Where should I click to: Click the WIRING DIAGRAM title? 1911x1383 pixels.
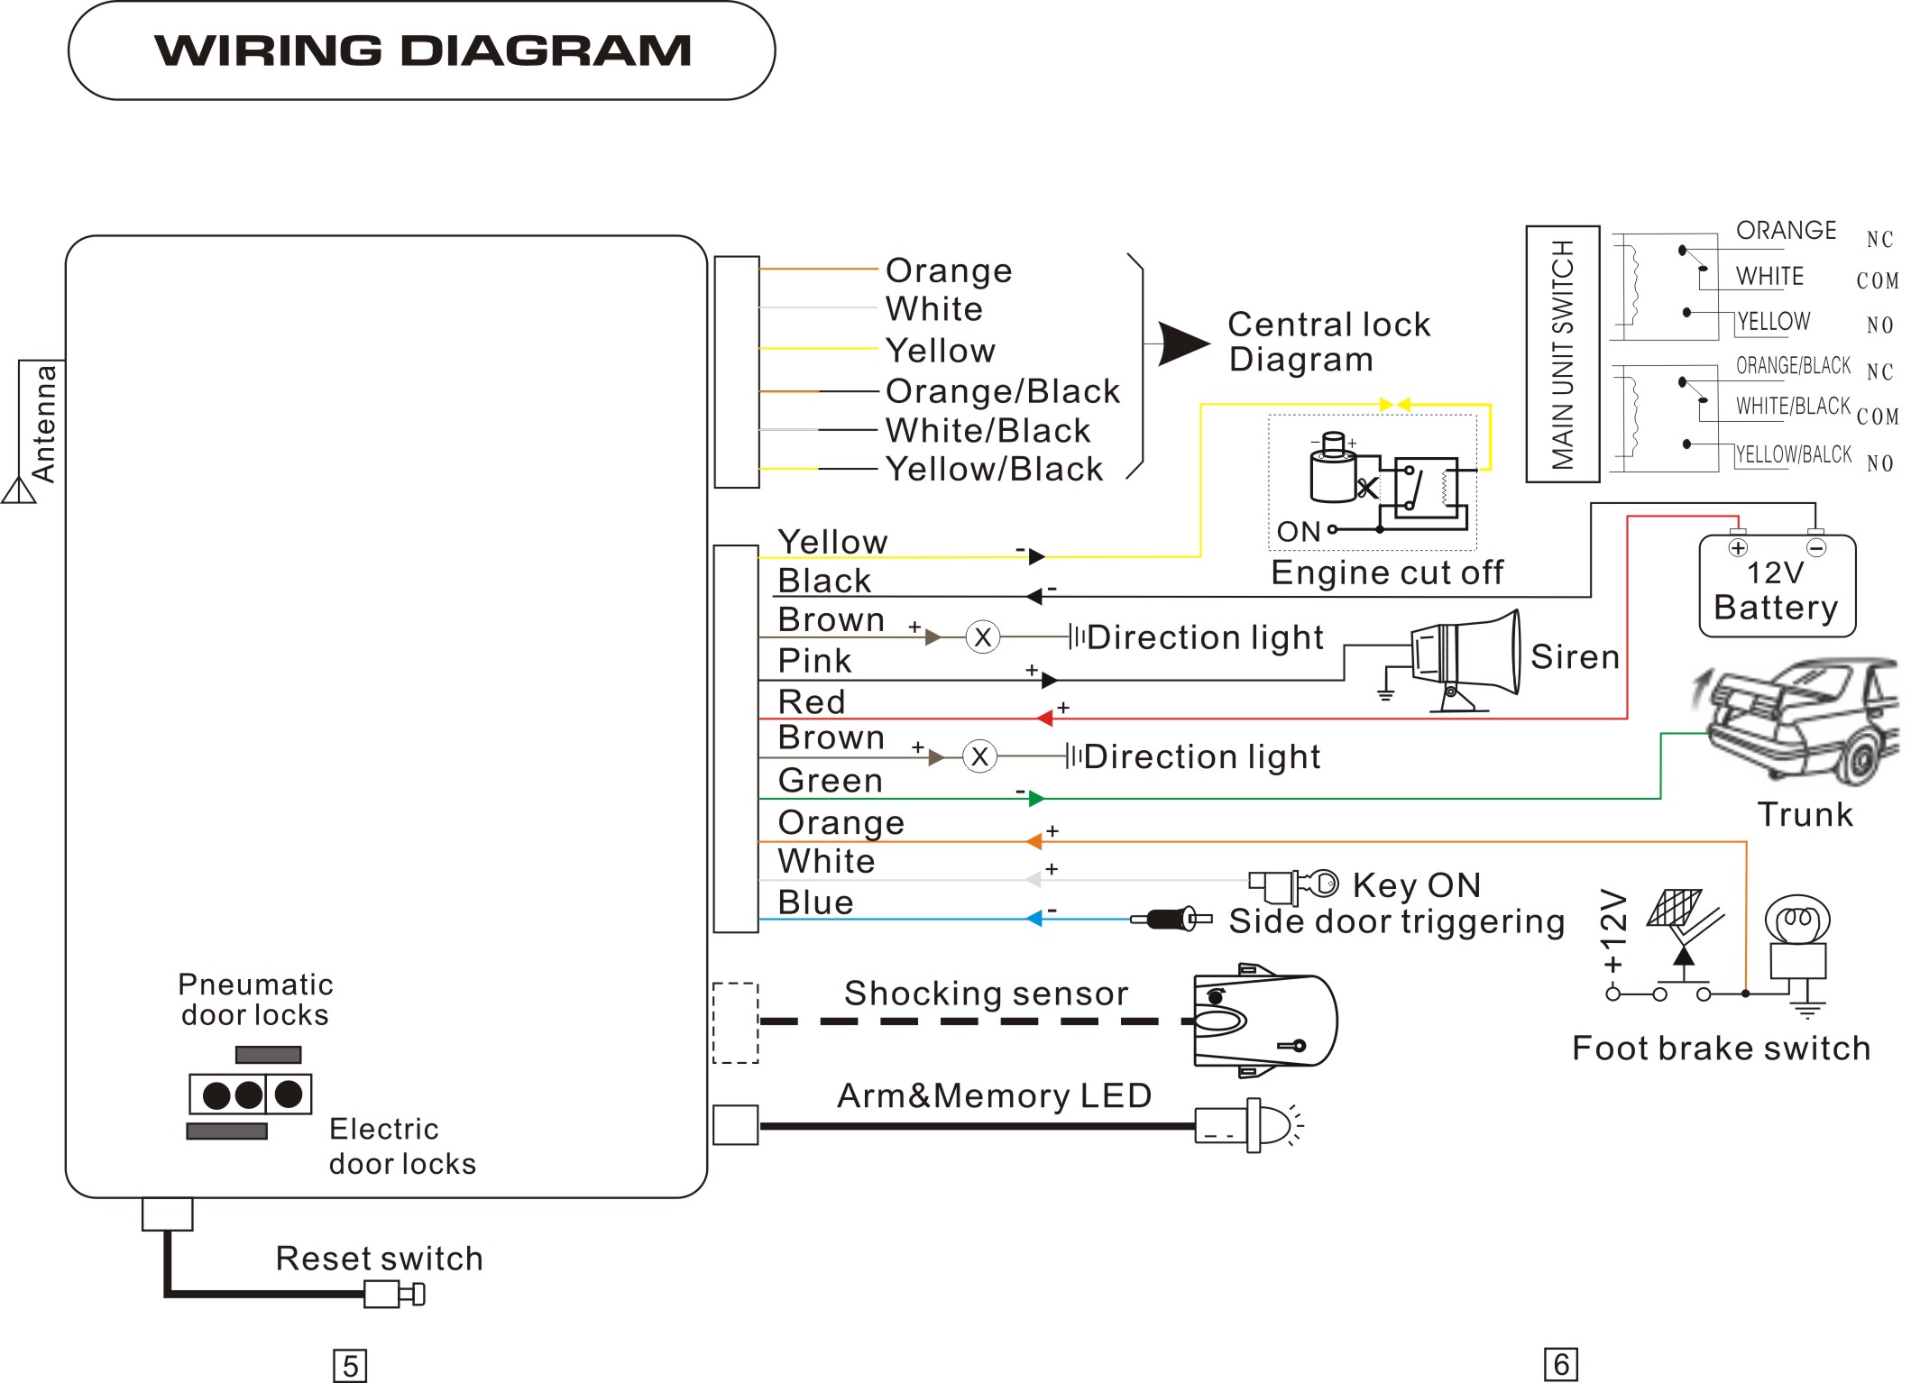point(422,50)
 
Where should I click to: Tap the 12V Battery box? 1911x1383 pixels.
point(1777,586)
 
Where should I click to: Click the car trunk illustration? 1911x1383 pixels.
point(1799,721)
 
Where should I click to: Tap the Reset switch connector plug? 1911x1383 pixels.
point(394,1295)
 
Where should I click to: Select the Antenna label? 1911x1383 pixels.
point(43,424)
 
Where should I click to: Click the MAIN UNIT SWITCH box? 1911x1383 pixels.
point(1562,354)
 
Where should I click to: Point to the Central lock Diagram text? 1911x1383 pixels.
point(1328,342)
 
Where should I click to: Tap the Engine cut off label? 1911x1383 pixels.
point(1387,572)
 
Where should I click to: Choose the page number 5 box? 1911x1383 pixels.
point(350,1366)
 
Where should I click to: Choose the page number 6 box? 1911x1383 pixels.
point(1561,1364)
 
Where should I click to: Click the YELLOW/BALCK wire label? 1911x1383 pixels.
point(1794,454)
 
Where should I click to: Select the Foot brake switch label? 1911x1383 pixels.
point(1721,1049)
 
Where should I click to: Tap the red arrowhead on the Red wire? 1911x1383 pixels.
point(1044,719)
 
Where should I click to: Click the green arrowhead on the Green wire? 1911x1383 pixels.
point(1036,799)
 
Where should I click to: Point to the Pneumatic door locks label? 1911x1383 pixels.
point(255,1000)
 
